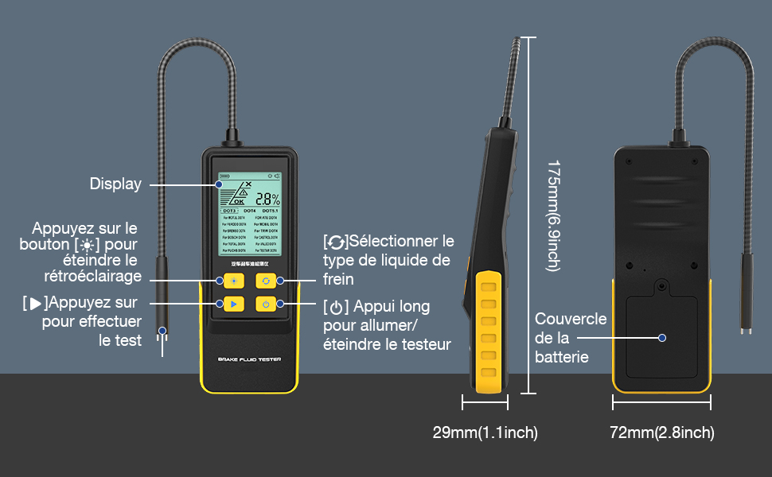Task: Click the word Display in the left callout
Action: click(x=115, y=184)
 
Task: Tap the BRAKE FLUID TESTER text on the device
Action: click(x=250, y=360)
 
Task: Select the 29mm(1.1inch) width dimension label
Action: click(x=485, y=433)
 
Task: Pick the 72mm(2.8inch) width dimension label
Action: click(x=661, y=433)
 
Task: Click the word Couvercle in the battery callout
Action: click(x=571, y=320)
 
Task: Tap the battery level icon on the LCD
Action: click(x=225, y=175)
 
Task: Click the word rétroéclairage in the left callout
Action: click(x=94, y=277)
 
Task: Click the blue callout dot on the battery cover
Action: click(x=662, y=338)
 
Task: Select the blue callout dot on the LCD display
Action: click(x=218, y=184)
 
